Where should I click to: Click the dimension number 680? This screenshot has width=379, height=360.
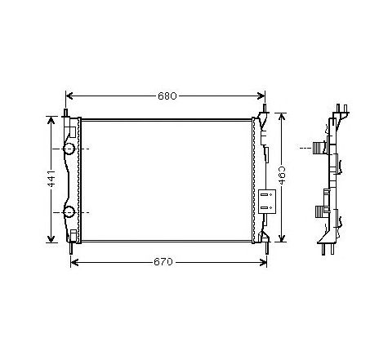167,96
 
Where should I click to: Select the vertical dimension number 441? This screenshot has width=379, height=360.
50,180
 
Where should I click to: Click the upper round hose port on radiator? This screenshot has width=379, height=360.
69,149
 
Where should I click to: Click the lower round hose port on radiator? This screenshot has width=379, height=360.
69,213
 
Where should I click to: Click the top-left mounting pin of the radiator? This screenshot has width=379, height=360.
65,112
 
